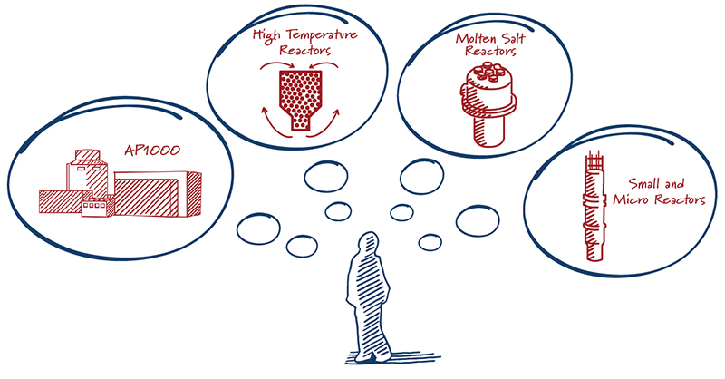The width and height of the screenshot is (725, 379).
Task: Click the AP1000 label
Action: pos(152,150)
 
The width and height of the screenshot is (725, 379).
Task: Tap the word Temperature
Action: pos(322,35)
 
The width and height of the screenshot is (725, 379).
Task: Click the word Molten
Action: pos(475,38)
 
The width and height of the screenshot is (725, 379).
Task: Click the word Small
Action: pos(644,184)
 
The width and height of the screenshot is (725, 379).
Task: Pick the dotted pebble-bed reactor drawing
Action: pos(301,100)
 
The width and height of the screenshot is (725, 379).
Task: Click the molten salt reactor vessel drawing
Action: pos(488,104)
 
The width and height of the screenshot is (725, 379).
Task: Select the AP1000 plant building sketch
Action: pos(121,183)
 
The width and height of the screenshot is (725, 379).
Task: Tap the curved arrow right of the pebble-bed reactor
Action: pos(325,124)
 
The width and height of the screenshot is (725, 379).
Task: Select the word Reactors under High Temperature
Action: pos(305,50)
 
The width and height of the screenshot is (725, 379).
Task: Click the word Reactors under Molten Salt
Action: pos(490,51)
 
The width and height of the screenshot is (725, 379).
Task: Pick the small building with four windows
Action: pos(98,207)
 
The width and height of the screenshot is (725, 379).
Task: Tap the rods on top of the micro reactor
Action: pos(594,160)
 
